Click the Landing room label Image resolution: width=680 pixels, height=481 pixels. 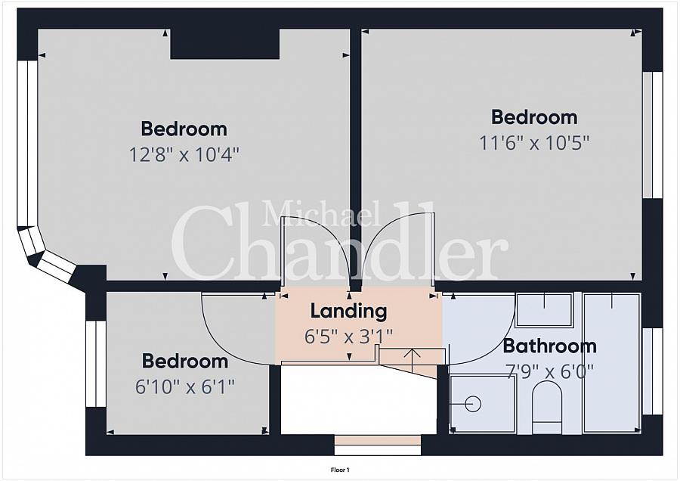pyautogui.click(x=348, y=312)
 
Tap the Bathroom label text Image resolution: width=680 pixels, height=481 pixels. pyautogui.click(x=549, y=346)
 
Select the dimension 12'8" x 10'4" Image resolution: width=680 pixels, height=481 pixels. pyautogui.click(x=184, y=154)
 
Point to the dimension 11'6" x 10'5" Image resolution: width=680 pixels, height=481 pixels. pyautogui.click(x=534, y=143)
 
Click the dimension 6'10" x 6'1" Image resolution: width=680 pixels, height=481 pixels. pyautogui.click(x=185, y=386)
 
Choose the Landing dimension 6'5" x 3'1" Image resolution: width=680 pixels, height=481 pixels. pyautogui.click(x=348, y=337)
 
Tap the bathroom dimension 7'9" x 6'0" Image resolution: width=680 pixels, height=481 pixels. pyautogui.click(x=549, y=371)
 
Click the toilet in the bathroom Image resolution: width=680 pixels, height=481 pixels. pyautogui.click(x=547, y=407)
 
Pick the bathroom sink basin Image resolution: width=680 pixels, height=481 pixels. pyautogui.click(x=544, y=310)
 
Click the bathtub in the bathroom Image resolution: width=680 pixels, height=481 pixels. pyautogui.click(x=611, y=363)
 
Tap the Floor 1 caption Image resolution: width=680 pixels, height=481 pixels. pyautogui.click(x=340, y=470)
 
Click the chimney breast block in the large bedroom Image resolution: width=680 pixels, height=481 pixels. pyautogui.click(x=224, y=44)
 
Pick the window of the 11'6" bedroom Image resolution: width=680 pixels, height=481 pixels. pyautogui.click(x=652, y=135)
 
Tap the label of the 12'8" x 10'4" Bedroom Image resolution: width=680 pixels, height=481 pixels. pyautogui.click(x=184, y=129)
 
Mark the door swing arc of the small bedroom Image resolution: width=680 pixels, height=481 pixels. pyautogui.click(x=221, y=341)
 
